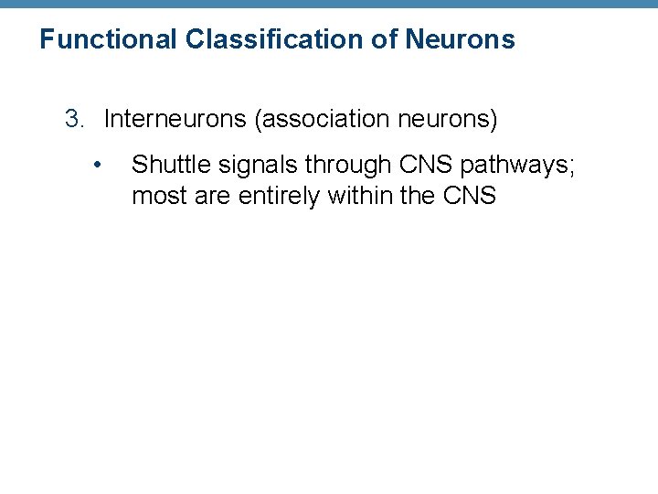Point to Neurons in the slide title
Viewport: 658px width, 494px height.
(x=460, y=40)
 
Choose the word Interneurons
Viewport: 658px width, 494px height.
(x=175, y=119)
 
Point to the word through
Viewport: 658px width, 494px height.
(x=347, y=165)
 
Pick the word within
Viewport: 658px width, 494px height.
(x=359, y=196)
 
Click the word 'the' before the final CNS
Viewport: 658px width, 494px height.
(x=417, y=196)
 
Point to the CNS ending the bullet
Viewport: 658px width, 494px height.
(x=469, y=196)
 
